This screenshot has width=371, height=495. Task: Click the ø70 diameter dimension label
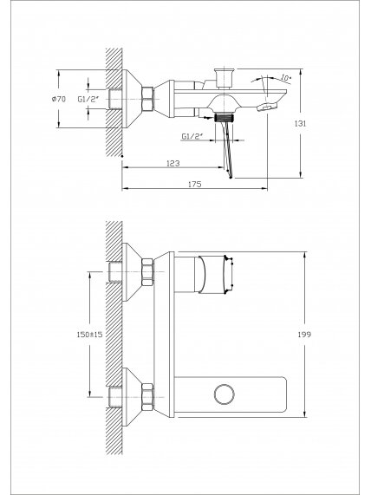tap(59, 99)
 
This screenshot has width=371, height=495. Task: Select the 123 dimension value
tap(173, 163)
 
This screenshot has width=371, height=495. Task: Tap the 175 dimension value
tap(194, 184)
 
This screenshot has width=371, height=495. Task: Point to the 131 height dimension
tap(300, 123)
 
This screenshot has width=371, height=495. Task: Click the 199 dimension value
tap(304, 335)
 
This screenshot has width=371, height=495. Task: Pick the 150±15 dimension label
tap(89, 335)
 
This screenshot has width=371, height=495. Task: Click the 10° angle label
tap(286, 78)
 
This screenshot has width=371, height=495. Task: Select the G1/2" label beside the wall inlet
tap(88, 99)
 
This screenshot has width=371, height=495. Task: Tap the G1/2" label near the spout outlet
tap(192, 136)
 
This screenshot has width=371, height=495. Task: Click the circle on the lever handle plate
tap(225, 394)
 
